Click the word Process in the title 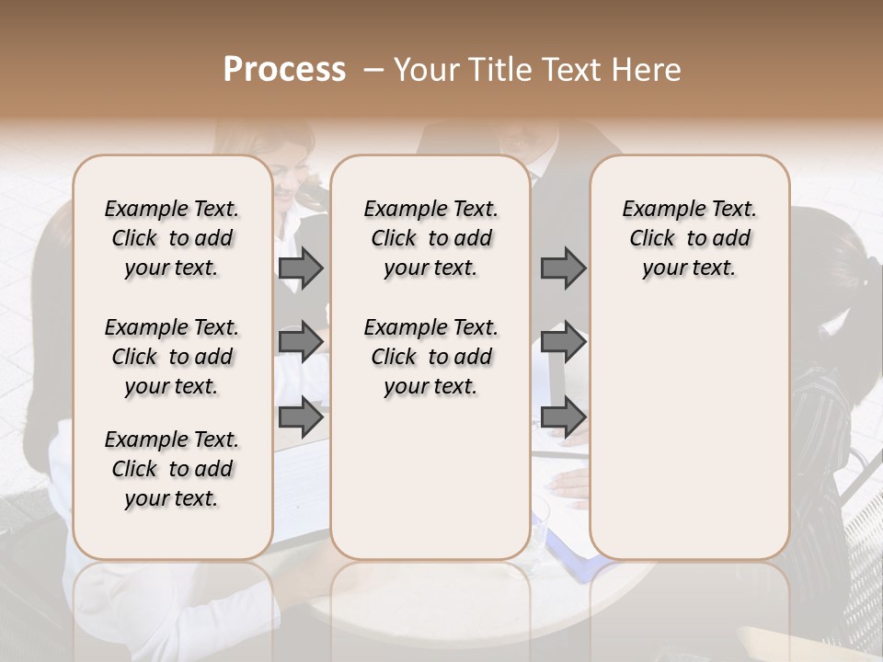click(284, 70)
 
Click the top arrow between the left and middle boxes click(301, 268)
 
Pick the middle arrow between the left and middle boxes click(301, 342)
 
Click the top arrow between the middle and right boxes click(563, 268)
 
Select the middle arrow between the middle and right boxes click(563, 342)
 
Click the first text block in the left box click(172, 238)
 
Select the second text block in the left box click(172, 357)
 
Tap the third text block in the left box click(172, 469)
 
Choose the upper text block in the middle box click(430, 238)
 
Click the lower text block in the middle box click(430, 357)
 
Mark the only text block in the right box click(690, 238)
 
